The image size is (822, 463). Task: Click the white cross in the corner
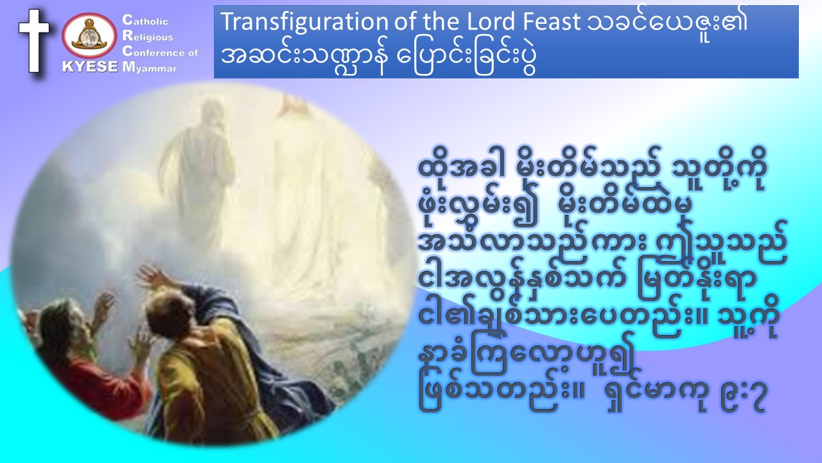click(x=34, y=41)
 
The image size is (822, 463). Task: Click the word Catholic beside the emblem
click(x=145, y=20)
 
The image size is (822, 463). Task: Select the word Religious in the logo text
click(x=148, y=36)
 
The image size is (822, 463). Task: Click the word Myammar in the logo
click(x=150, y=68)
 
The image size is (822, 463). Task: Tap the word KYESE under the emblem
click(x=91, y=66)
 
